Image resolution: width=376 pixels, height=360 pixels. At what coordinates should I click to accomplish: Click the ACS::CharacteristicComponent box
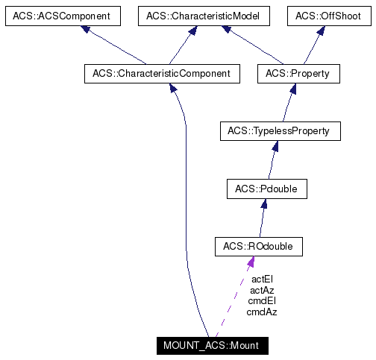[161, 73]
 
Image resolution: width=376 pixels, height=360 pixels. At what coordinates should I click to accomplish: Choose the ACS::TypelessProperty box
[280, 131]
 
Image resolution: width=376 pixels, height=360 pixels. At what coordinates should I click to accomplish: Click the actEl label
[262, 280]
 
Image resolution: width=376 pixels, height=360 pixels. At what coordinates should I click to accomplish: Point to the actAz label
[262, 290]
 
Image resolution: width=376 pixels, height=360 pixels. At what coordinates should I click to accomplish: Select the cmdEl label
[262, 301]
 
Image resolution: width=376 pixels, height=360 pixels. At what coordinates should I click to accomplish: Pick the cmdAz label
[262, 312]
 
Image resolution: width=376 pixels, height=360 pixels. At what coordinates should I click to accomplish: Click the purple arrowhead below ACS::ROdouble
[251, 262]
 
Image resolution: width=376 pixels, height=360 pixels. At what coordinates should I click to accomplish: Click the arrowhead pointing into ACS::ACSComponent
[87, 29]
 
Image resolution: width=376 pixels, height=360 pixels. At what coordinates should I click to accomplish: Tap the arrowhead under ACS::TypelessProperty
[275, 146]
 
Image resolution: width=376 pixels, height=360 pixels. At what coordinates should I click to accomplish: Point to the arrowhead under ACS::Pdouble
[263, 204]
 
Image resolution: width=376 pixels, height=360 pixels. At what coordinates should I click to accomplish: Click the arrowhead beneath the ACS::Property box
[293, 88]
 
